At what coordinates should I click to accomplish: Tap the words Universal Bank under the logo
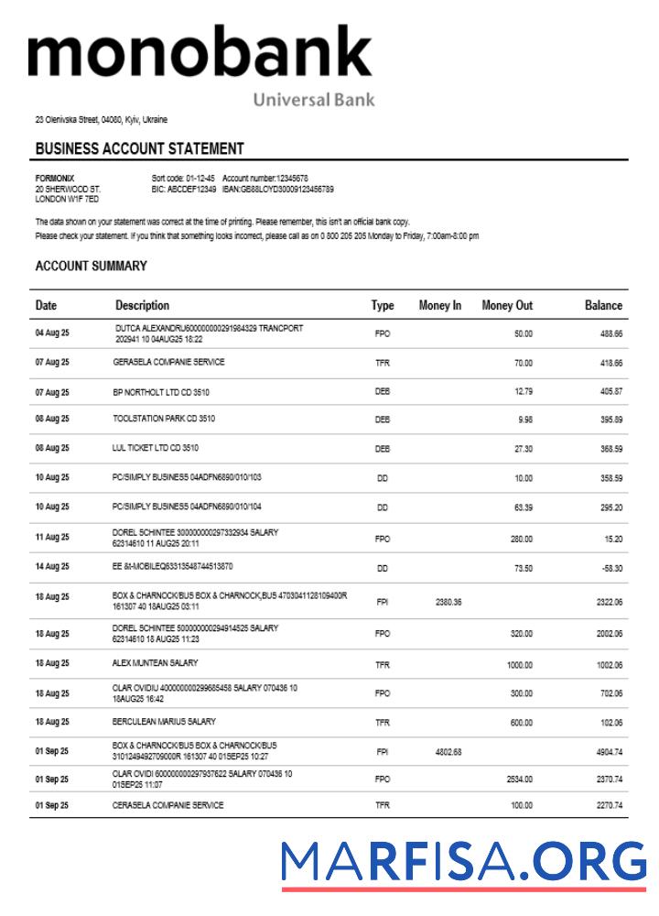tap(313, 100)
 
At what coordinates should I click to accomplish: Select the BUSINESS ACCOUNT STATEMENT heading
tap(139, 148)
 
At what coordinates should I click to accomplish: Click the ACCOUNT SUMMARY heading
tap(91, 266)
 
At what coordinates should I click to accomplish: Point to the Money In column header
tap(439, 305)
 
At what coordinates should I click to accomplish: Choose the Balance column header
tap(603, 305)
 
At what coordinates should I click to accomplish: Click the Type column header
tap(383, 305)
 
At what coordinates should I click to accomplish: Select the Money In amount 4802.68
tap(448, 752)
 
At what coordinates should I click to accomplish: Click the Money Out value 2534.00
tap(519, 779)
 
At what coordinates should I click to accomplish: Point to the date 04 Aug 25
tap(52, 333)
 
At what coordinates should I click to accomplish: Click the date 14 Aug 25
tap(52, 568)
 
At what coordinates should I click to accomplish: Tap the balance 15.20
tap(611, 539)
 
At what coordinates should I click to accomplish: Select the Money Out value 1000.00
tap(520, 665)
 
